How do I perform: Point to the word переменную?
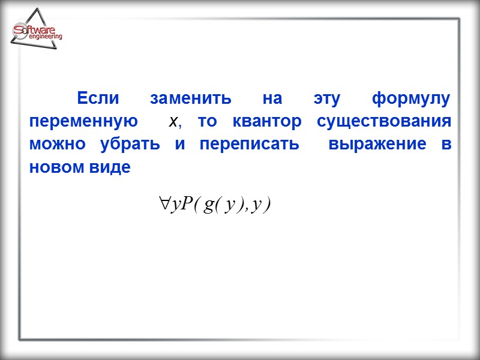(x=83, y=122)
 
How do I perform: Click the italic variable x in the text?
(x=174, y=122)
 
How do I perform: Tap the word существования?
(x=384, y=122)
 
